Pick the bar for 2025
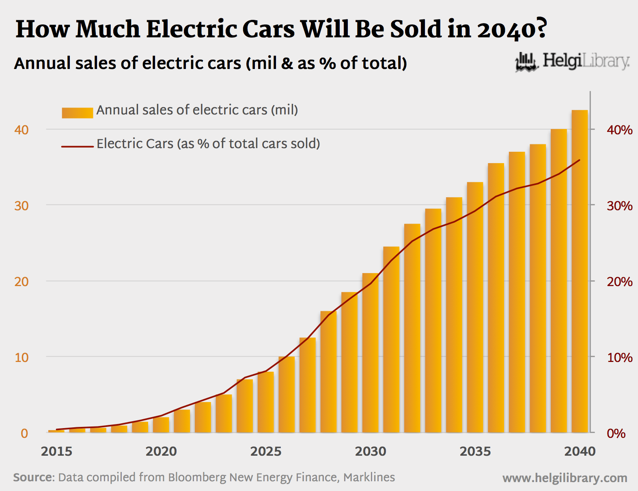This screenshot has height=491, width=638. pyautogui.click(x=265, y=402)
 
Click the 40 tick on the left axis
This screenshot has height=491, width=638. pyautogui.click(x=22, y=130)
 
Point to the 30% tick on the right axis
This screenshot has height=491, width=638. pyautogui.click(x=619, y=206)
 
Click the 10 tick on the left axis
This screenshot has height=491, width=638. pyautogui.click(x=22, y=357)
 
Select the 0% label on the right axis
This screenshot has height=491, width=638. pyautogui.click(x=616, y=433)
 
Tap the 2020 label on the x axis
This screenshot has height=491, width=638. pyautogui.click(x=161, y=451)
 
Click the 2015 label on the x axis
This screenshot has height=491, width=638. pyautogui.click(x=56, y=451)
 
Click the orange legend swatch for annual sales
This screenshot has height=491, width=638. pyautogui.click(x=77, y=112)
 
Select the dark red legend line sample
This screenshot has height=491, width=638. pyautogui.click(x=77, y=146)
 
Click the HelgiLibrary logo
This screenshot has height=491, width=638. pyautogui.click(x=572, y=62)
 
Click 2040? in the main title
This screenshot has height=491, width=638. pyautogui.click(x=512, y=29)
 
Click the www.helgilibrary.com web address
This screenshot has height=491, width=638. pyautogui.click(x=565, y=478)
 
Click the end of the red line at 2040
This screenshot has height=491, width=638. pyautogui.click(x=580, y=160)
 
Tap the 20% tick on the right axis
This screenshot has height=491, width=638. pyautogui.click(x=619, y=282)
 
